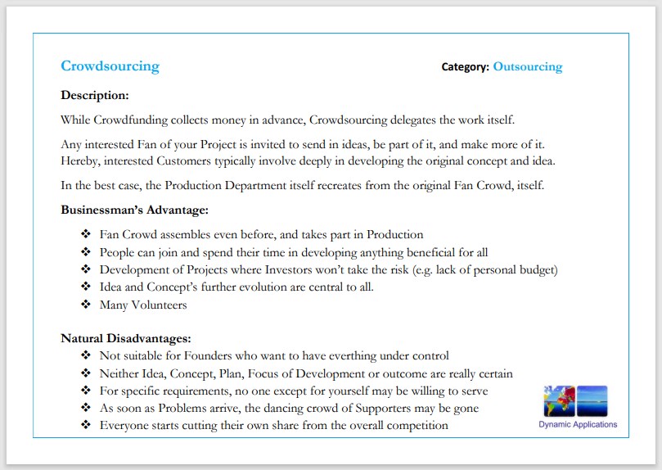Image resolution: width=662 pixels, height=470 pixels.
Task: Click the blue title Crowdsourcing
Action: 110,66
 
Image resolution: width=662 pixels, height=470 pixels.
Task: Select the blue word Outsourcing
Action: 527,66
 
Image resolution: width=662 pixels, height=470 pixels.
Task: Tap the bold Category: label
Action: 465,66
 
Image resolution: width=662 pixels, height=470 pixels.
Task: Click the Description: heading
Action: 95,95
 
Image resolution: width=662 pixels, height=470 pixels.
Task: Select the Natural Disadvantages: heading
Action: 125,337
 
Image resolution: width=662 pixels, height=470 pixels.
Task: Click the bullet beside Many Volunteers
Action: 86,305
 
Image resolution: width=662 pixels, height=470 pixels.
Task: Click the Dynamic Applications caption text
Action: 578,424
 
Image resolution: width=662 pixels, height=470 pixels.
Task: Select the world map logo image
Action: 559,401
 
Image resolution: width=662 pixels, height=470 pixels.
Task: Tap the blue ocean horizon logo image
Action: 592,401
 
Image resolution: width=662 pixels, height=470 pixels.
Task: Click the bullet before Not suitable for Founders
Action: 86,355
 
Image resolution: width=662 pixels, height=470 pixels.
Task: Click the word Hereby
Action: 81,160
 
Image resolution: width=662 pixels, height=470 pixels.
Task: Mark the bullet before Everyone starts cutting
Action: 86,425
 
